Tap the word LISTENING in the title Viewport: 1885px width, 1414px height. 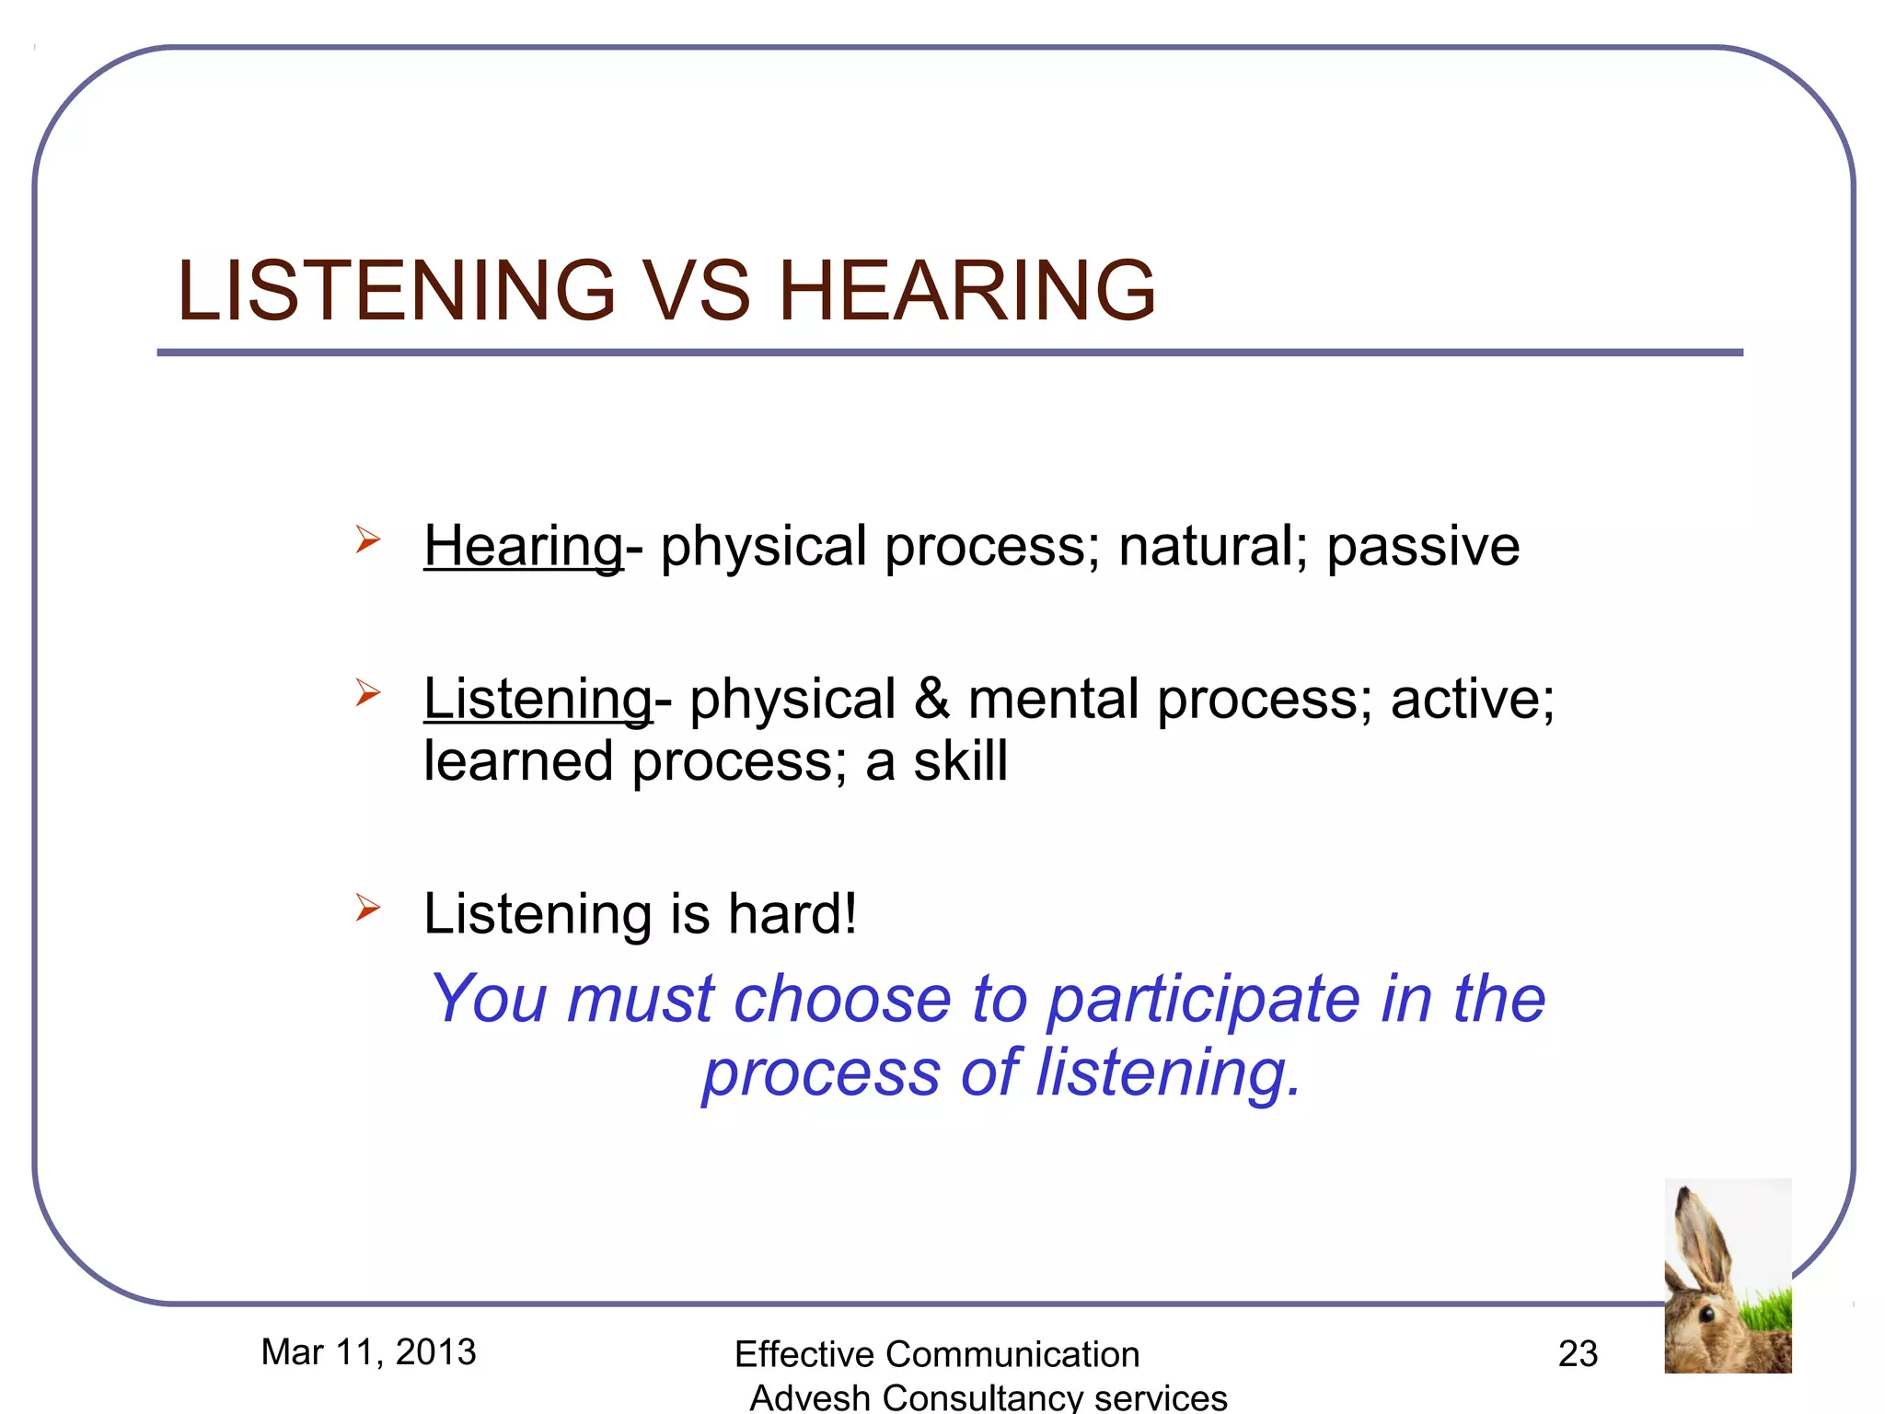(396, 291)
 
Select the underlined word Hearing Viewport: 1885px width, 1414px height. (523, 546)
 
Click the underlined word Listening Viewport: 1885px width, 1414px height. (538, 699)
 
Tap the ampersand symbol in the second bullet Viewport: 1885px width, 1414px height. (931, 699)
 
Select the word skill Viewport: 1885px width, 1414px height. (960, 761)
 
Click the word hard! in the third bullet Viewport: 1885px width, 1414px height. (792, 914)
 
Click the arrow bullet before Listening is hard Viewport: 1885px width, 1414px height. (367, 908)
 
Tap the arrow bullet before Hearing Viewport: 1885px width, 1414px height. (367, 539)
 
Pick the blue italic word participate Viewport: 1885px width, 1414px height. (1204, 1001)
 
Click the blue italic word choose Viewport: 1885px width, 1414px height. (842, 999)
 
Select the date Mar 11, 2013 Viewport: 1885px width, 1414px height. (368, 1352)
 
